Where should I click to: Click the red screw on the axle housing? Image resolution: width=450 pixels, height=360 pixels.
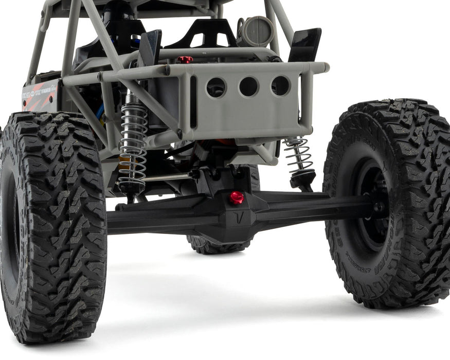click(236, 197)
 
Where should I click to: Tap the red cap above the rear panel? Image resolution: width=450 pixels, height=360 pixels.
click(185, 60)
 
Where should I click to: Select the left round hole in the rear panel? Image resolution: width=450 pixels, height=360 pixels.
click(216, 87)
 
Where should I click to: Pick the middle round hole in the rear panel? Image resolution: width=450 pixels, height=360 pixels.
click(248, 86)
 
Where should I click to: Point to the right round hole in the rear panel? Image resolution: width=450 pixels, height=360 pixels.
click(280, 86)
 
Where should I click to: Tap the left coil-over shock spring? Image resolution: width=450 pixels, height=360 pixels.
click(133, 141)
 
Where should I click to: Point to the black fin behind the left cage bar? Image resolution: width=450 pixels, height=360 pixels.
click(150, 46)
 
